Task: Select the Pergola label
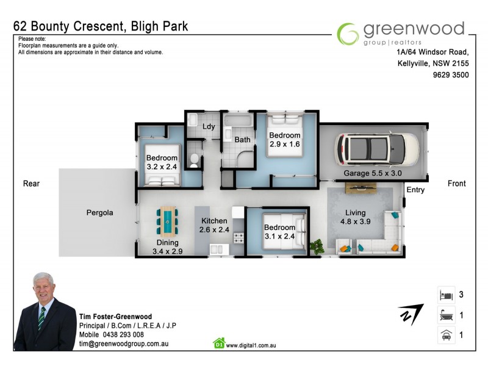(x=99, y=213)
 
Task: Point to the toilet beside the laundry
(x=193, y=160)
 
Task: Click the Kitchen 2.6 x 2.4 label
(x=213, y=225)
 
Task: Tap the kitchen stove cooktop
(x=239, y=237)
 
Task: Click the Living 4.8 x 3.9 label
(x=355, y=218)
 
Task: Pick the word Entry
(x=415, y=190)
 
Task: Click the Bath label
(x=243, y=140)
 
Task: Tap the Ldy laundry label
(x=209, y=126)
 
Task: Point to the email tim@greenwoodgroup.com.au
(x=123, y=344)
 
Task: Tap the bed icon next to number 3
(x=445, y=295)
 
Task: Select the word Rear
(x=31, y=184)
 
